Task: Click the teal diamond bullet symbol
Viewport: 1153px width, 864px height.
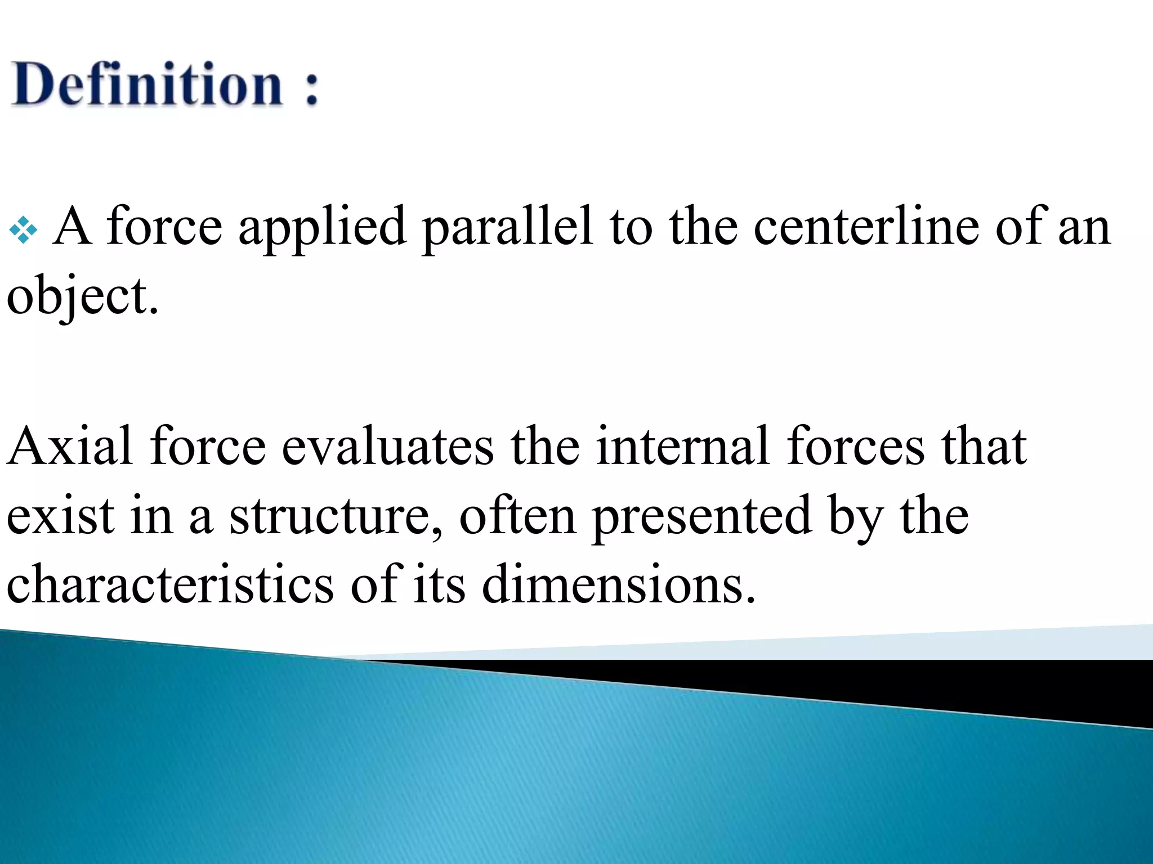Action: [x=24, y=230]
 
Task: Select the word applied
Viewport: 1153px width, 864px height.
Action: [x=322, y=228]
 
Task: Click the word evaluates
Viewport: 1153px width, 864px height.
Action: [x=387, y=447]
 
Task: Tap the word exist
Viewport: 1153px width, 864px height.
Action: [x=61, y=516]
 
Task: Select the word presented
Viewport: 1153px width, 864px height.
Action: [x=701, y=517]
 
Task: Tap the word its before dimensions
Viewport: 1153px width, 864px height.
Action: [x=439, y=584]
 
